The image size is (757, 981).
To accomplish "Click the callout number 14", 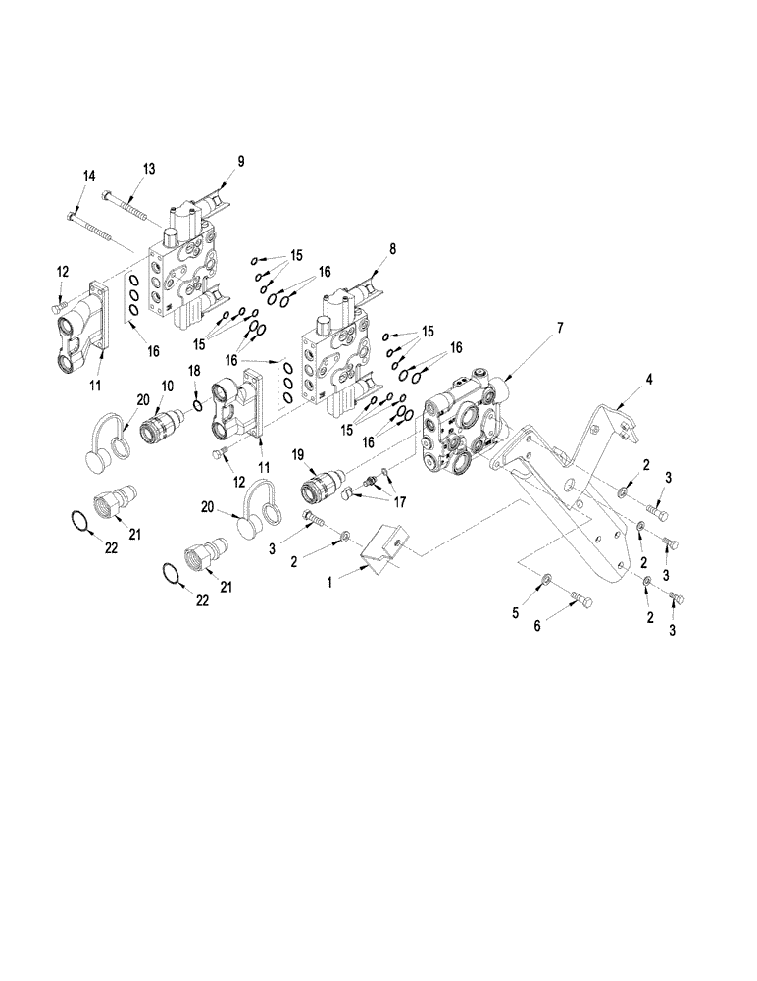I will click(89, 175).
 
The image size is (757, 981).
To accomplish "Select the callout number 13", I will click(149, 168).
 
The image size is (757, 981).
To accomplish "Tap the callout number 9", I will click(240, 162).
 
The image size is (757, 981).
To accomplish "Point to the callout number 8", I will click(392, 250).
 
